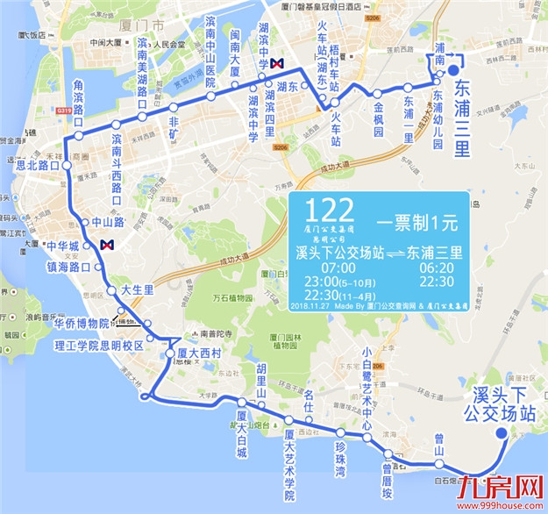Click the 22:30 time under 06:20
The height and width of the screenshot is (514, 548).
point(437,282)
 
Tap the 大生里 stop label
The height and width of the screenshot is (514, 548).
point(137,288)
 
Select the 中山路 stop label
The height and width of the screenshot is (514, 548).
point(107,222)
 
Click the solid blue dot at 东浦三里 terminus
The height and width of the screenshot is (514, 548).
point(452,73)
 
